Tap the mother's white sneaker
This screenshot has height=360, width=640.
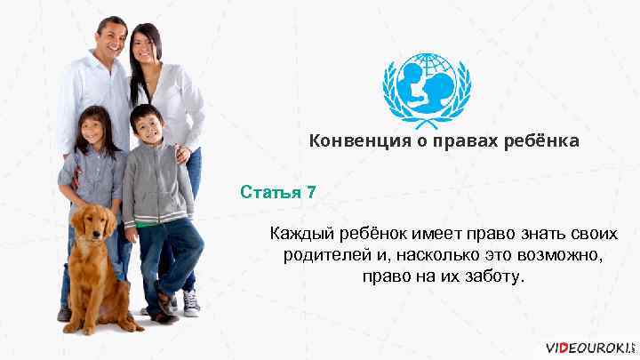coord(191,303)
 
